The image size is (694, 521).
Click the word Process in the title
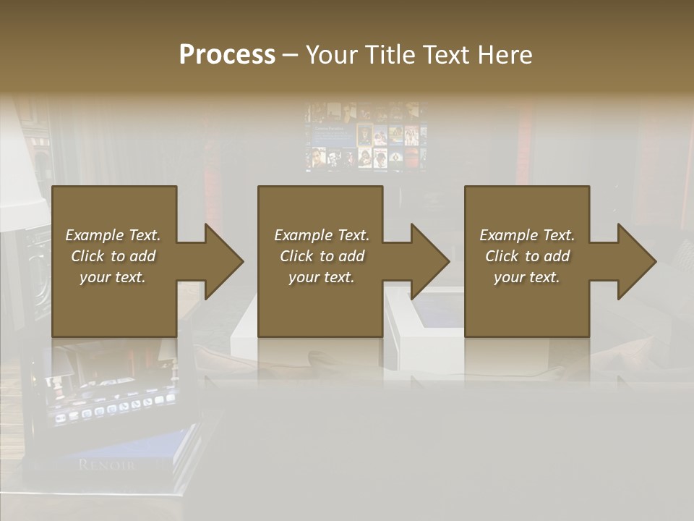tap(227, 55)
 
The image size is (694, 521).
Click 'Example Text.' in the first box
tap(113, 235)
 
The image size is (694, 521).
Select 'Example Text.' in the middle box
tap(321, 235)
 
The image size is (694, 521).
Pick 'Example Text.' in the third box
tap(527, 235)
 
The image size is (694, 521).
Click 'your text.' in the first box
tap(113, 277)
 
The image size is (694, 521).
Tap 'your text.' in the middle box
tap(321, 277)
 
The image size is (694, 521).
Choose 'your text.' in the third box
tap(527, 277)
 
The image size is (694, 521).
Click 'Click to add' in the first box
tap(113, 256)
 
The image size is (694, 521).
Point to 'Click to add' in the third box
tap(527, 256)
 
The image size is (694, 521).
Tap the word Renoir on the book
tap(106, 465)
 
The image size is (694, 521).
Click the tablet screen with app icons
tap(112, 402)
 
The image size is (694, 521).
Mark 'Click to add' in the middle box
tap(321, 256)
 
